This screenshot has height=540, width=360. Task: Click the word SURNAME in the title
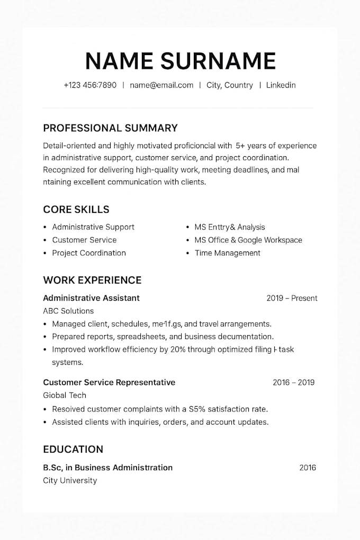click(218, 61)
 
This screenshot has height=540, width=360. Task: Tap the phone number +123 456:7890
click(90, 85)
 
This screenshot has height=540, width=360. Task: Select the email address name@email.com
click(161, 85)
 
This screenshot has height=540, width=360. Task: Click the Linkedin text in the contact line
click(281, 85)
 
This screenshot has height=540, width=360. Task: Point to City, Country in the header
click(230, 85)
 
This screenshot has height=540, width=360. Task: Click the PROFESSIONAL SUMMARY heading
click(110, 128)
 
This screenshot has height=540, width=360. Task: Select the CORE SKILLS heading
click(76, 209)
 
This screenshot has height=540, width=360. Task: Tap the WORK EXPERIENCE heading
click(92, 280)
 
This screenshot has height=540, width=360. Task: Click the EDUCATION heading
click(73, 449)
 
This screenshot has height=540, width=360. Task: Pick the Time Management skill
click(227, 253)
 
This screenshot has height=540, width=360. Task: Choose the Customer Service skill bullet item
click(84, 240)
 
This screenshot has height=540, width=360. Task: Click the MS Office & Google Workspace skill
click(248, 240)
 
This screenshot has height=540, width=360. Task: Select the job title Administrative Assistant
click(91, 298)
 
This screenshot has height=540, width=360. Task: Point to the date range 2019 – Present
click(292, 298)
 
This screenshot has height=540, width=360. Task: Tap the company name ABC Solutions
click(68, 311)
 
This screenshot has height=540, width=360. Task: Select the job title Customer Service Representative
click(109, 382)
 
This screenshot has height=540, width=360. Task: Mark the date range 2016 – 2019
click(293, 382)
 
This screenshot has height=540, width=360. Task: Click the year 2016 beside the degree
click(308, 467)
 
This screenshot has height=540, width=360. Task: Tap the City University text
click(70, 480)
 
